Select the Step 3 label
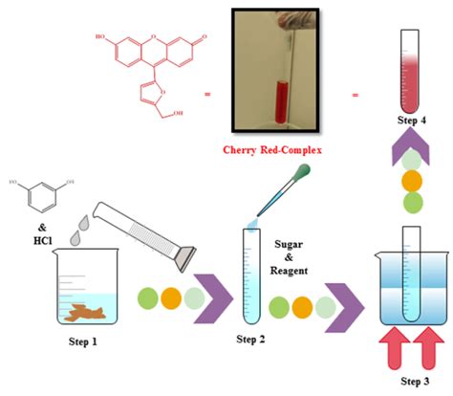[x=411, y=383]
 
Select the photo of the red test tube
[x=281, y=71]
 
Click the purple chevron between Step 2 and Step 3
[x=346, y=305]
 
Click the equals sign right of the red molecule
[x=206, y=96]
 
